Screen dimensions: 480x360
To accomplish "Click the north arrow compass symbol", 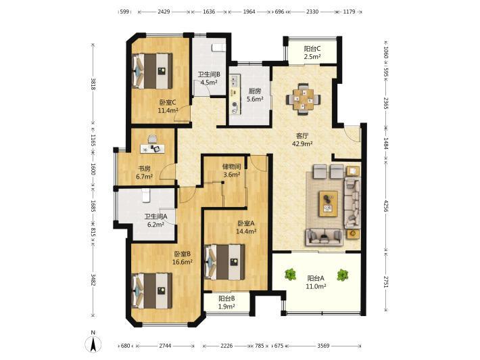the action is point(94,344).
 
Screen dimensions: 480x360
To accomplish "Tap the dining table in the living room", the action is point(304,99).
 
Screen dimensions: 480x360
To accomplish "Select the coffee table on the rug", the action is point(328,204).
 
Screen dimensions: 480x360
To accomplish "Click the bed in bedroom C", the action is point(152,71).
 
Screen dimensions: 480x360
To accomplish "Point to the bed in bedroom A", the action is point(224,262).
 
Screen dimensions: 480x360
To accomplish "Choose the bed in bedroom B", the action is point(152,291).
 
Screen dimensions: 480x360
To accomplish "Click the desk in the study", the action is point(152,149).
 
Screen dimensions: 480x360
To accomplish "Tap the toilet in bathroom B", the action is point(218,48).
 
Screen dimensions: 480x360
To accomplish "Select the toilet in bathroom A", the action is point(146,196).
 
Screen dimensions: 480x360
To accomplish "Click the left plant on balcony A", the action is point(290,275).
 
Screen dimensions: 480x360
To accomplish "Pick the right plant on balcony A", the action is point(342,275).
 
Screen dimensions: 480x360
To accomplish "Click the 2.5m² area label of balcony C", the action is point(312,57).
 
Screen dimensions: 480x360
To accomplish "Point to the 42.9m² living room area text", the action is point(302,143).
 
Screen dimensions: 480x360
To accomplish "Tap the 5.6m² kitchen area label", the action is point(256,99).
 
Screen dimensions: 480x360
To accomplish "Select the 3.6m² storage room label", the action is point(231,175).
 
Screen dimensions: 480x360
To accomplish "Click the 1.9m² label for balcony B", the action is point(226,306).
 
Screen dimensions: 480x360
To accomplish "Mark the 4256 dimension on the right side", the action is point(386,207).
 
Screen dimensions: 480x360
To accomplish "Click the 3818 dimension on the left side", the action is point(93,85).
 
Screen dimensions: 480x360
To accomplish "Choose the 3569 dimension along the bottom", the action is point(323,346).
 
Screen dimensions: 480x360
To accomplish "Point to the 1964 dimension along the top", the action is point(249,12).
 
